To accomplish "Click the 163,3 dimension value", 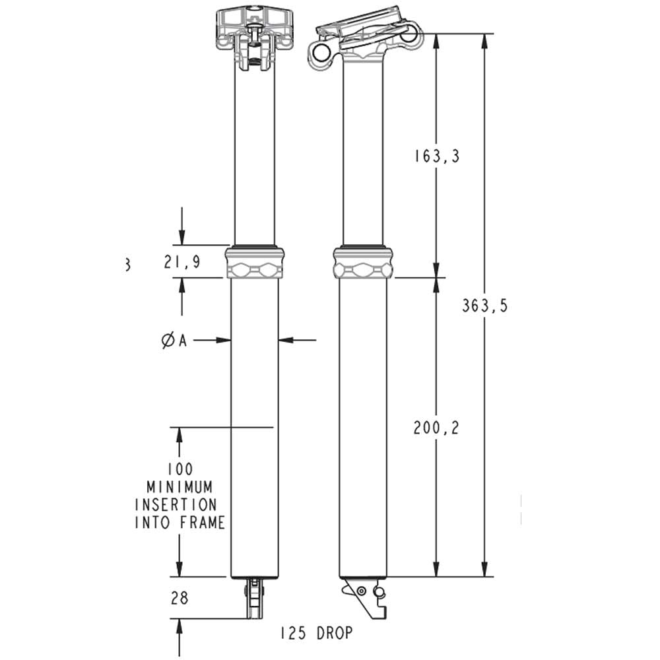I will (x=436, y=156).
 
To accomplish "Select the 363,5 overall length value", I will (x=485, y=306).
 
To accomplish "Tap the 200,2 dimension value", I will (x=436, y=428).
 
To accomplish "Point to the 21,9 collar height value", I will (x=181, y=262).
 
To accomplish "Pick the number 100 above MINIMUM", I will (x=180, y=469).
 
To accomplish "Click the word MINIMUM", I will (x=180, y=487).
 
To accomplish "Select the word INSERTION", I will (x=176, y=505).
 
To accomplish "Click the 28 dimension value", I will (x=180, y=598).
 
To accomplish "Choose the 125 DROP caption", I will (x=315, y=633).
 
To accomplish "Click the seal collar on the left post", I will (x=255, y=263).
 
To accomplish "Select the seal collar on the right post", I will (x=363, y=263).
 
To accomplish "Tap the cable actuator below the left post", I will (x=254, y=598).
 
